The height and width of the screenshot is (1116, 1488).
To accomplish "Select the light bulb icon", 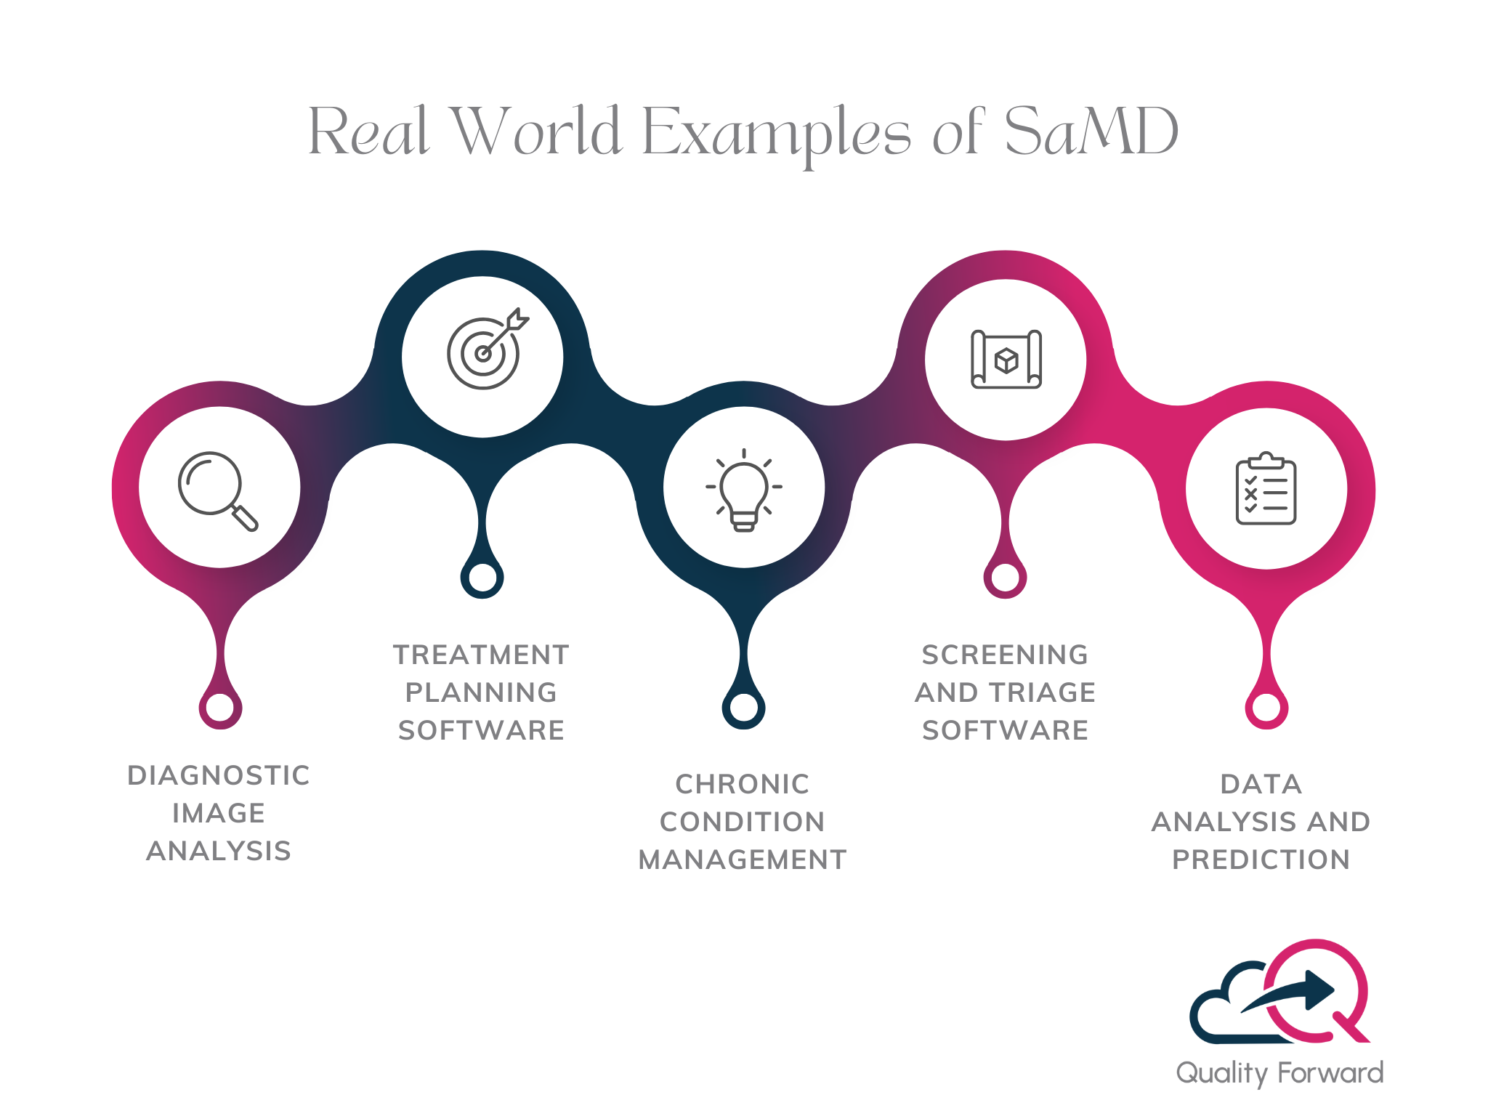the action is (743, 490).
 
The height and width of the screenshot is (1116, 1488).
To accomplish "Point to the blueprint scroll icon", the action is (1006, 359).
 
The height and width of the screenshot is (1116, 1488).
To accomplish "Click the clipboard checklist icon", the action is (1266, 488).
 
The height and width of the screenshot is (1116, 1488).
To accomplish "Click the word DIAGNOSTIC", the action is (219, 775).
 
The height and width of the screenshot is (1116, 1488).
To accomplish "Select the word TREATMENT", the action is (481, 655).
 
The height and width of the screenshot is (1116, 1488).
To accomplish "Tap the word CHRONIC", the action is (743, 784).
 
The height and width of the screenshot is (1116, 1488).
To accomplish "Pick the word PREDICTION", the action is (1261, 860).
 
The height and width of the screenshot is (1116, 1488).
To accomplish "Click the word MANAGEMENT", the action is (743, 860).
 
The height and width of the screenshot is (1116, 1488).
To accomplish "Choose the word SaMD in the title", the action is (1091, 132).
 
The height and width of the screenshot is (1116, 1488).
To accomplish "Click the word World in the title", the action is (536, 132).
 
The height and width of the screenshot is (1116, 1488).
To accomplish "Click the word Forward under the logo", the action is (1330, 1072).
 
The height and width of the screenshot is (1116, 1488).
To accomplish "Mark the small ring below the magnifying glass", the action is (220, 707).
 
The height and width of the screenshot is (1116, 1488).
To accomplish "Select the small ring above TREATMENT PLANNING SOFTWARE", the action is (482, 578).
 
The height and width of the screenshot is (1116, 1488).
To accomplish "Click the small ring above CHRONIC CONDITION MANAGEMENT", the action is (743, 707).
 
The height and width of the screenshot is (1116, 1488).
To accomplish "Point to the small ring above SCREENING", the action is (1006, 578).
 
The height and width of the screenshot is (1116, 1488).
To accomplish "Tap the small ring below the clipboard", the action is (1266, 707).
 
